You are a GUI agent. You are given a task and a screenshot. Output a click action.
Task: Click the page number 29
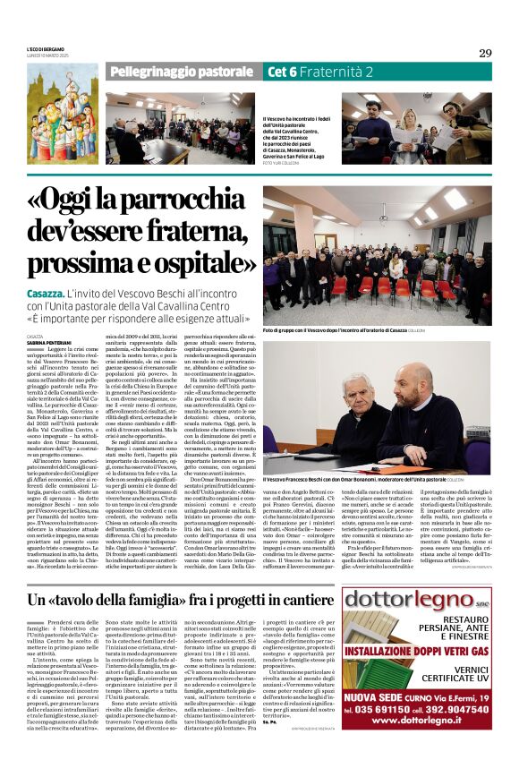(x=484, y=53)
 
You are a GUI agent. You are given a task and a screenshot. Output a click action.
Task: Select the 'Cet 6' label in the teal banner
(x=281, y=72)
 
